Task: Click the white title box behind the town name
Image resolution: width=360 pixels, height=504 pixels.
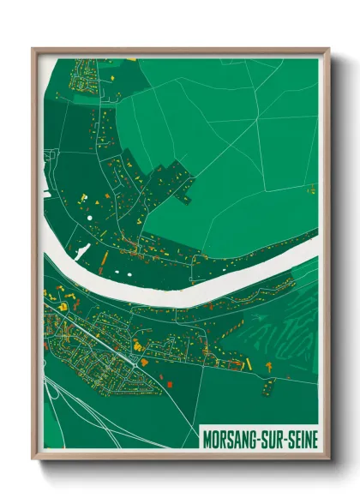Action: click(259, 438)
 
